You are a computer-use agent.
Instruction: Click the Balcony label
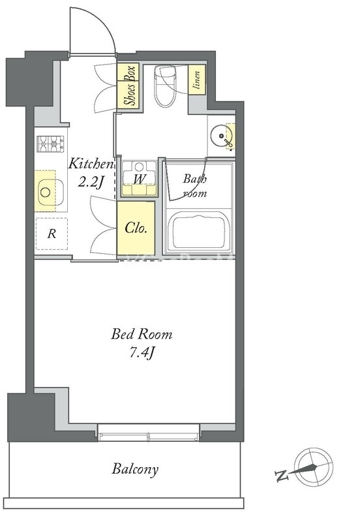135,469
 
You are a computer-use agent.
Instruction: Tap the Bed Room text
142,334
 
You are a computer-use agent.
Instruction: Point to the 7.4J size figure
142,353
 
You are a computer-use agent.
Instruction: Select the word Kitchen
91,164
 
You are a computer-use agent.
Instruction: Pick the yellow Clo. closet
136,228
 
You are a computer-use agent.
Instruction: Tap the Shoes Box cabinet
130,85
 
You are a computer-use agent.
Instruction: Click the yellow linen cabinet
197,80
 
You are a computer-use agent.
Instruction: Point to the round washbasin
220,136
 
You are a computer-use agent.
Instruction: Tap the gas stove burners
50,144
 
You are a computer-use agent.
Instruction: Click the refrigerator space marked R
52,234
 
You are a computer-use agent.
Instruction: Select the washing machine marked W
139,178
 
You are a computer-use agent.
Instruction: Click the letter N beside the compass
282,476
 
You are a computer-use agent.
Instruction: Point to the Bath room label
195,186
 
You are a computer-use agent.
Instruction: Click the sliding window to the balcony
149,433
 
